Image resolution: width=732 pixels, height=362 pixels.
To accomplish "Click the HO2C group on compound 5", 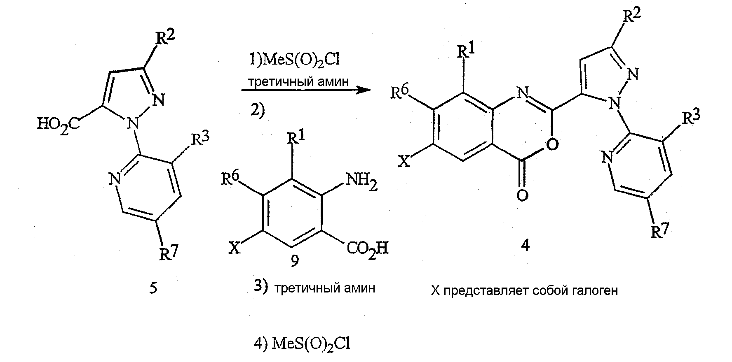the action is tap(58, 124).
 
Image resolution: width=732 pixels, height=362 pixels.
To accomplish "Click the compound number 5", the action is tap(153, 288).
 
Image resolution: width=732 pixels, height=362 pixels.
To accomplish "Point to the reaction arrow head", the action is tap(363, 90).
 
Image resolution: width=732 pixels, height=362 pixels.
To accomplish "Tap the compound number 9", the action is tap(295, 260).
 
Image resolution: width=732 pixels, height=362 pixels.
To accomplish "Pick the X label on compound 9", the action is tap(235, 248).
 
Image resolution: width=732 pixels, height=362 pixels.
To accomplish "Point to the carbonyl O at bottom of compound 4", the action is tap(522, 195).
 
